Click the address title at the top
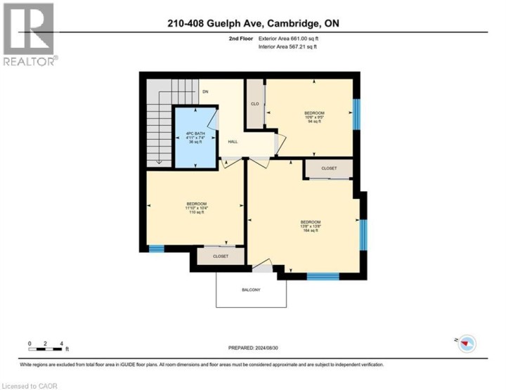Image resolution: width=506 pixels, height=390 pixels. click(252, 25)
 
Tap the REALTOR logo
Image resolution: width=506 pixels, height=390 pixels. click(29, 34)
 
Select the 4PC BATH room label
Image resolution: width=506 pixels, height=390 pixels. click(194, 137)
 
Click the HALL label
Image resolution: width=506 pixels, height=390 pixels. click(232, 141)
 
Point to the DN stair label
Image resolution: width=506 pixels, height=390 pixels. click(205, 92)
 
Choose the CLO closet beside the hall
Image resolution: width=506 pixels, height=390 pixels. click(254, 104)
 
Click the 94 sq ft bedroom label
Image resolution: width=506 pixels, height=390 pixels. click(313, 117)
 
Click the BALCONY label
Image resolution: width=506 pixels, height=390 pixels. click(251, 290)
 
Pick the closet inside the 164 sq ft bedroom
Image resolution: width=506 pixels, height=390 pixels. click(328, 169)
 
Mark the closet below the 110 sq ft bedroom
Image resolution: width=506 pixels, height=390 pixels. click(221, 256)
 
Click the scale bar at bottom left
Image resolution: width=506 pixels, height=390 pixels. click(46, 344)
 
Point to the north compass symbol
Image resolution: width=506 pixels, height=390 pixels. click(467, 344)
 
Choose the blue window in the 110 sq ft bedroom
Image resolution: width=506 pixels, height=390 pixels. click(156, 247)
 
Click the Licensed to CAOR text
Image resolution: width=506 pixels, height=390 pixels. click(30, 385)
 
